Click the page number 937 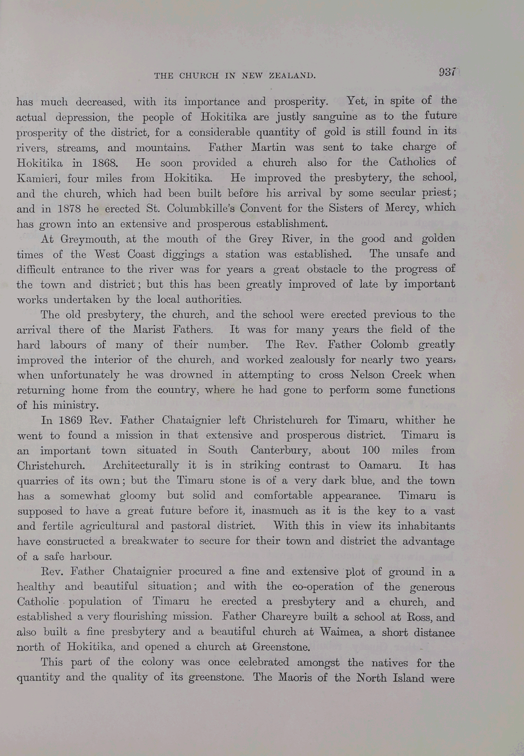447,72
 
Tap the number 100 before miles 374,450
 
